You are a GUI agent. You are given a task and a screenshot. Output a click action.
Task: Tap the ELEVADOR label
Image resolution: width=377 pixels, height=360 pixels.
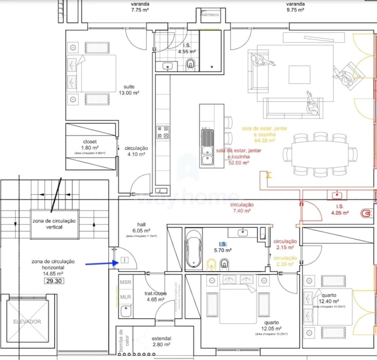pos(27,321)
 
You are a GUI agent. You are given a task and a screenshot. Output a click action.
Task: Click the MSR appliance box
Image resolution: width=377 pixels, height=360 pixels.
pos(125,282)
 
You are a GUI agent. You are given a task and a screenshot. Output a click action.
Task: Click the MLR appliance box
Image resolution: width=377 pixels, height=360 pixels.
pos(125,296)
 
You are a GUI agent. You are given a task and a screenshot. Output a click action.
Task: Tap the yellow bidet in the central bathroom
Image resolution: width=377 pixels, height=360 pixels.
pos(211,263)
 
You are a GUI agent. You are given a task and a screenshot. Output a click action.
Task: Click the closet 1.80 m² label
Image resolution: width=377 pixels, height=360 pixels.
pos(89,144)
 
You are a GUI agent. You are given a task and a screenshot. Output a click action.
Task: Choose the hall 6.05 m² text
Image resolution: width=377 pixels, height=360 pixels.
pos(141,227)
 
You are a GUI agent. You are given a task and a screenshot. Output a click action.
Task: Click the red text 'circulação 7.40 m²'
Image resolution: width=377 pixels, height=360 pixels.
pos(242,208)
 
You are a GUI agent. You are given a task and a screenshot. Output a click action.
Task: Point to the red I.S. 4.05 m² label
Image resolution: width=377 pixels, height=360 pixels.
pos(339,209)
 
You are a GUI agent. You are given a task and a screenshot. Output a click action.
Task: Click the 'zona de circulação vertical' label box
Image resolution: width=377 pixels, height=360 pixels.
pos(54,224)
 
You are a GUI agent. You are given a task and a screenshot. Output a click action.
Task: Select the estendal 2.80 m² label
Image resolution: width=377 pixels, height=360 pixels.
pos(161,341)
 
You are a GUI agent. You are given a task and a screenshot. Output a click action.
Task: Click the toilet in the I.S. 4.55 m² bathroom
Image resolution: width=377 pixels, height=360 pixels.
pos(190,64)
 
